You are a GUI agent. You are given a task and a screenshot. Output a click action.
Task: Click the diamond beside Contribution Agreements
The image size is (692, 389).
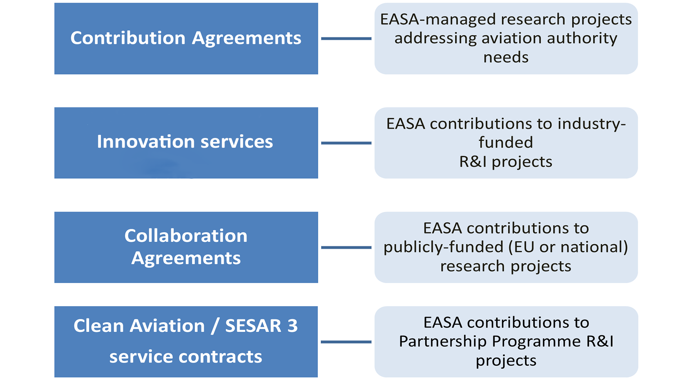pyautogui.click(x=346, y=39)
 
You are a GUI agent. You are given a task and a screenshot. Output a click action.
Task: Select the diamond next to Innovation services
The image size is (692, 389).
pyautogui.click(x=346, y=143)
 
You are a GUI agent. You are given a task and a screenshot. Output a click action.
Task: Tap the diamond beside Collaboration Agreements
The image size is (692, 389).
pyautogui.click(x=346, y=247)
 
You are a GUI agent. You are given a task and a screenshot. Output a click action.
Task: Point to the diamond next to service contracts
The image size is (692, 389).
pyautogui.click(x=346, y=342)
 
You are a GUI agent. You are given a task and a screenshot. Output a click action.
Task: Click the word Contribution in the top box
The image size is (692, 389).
pyautogui.click(x=128, y=38)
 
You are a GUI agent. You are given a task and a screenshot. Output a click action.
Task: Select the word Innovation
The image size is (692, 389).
pyautogui.click(x=146, y=142)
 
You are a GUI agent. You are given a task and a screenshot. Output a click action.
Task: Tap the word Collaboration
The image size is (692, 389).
pyautogui.click(x=186, y=236)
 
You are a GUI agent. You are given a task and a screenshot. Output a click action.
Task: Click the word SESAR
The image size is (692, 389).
pyautogui.click(x=253, y=326)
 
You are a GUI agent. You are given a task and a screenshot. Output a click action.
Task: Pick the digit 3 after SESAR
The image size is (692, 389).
pyautogui.click(x=292, y=326)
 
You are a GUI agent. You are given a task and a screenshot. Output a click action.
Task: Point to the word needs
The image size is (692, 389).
pyautogui.click(x=506, y=57)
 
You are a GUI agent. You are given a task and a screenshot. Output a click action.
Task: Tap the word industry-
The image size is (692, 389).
pyautogui.click(x=591, y=124)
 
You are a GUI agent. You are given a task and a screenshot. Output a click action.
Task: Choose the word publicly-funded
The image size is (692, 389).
pyautogui.click(x=443, y=247)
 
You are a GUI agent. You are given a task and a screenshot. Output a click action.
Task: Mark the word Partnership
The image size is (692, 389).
pyautogui.click(x=443, y=341)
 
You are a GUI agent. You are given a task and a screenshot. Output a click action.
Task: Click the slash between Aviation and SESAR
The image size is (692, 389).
pyautogui.click(x=215, y=326)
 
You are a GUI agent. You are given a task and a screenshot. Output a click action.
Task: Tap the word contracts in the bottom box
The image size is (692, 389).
pyautogui.click(x=220, y=357)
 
